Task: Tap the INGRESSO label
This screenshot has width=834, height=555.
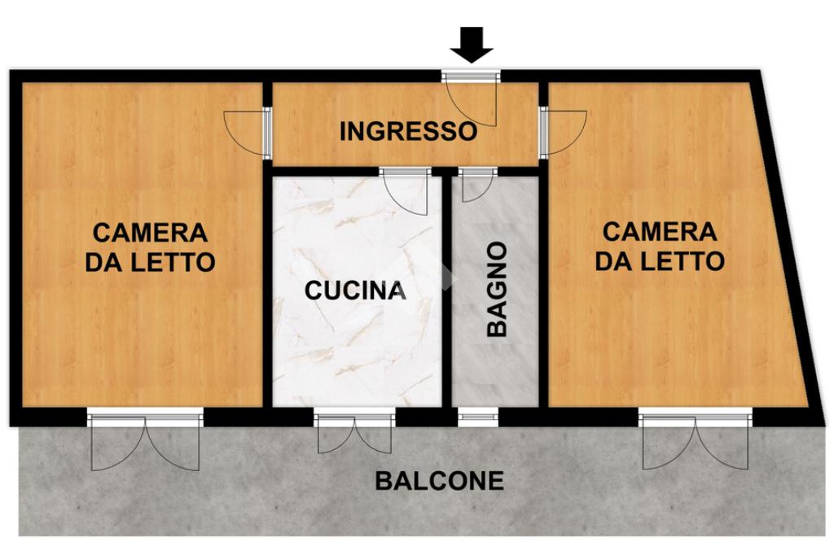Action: point(409,131)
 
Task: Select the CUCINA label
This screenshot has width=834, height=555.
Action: point(355,291)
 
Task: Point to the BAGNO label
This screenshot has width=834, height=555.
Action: point(497,289)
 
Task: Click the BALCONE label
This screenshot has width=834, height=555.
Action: point(439,481)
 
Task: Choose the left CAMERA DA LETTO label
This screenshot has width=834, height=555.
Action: point(151,247)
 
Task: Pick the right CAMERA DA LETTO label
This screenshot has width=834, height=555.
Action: point(660,247)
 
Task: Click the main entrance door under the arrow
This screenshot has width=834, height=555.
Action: point(472,101)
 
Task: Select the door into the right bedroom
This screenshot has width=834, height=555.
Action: point(563,132)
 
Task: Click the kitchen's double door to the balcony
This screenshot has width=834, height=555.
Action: point(355,431)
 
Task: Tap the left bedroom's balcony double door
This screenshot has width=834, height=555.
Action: point(145,439)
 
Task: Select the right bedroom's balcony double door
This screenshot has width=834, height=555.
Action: point(696,439)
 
